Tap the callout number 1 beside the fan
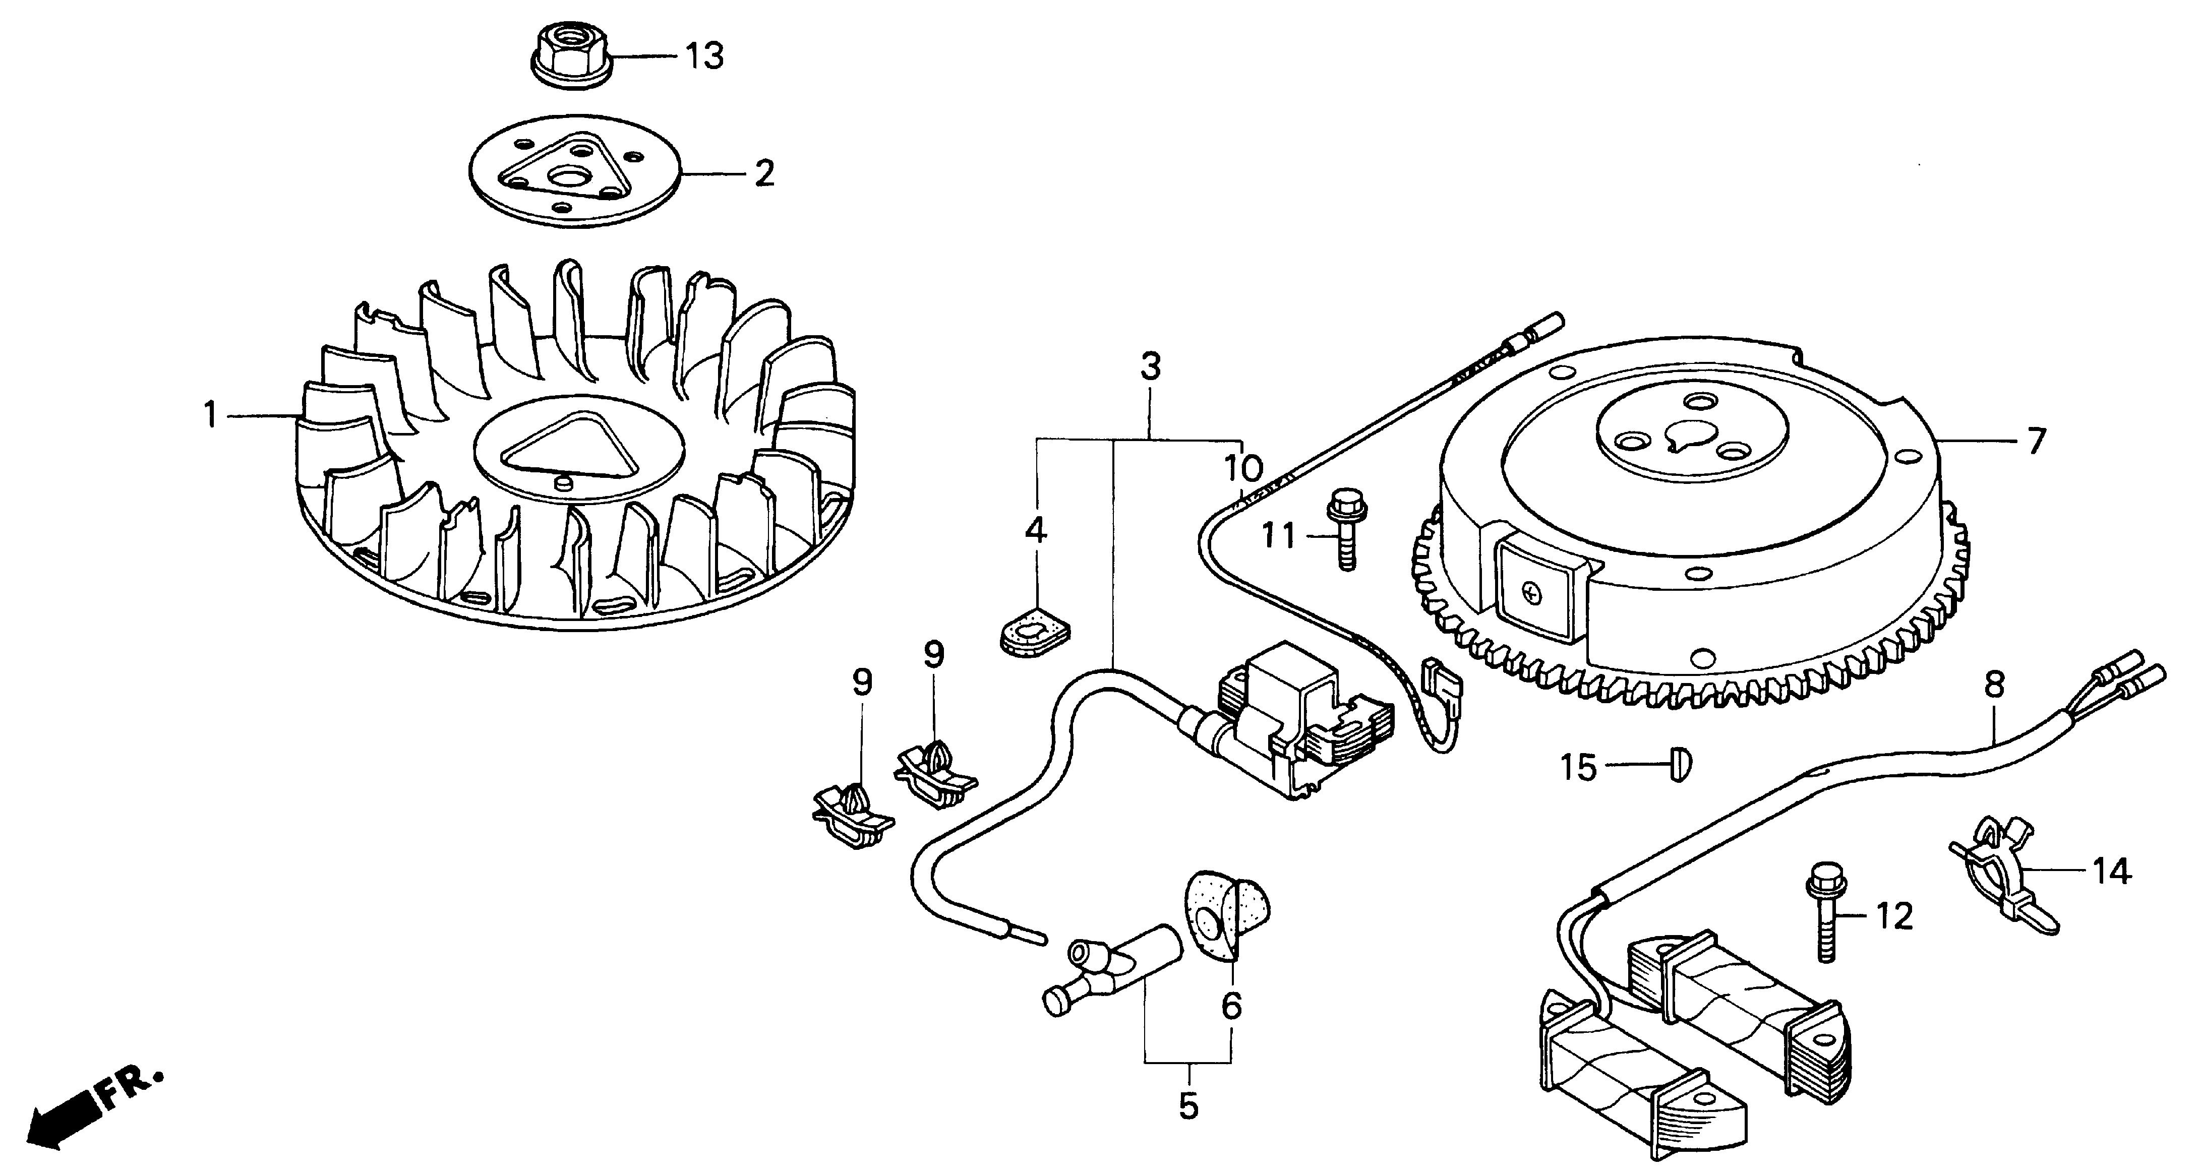[x=210, y=416]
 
